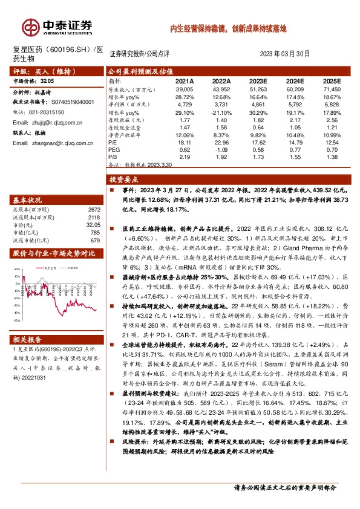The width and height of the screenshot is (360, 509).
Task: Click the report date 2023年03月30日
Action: tap(284, 54)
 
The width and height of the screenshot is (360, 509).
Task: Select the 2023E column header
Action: tap(257, 80)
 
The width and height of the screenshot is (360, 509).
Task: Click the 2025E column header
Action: tap(331, 80)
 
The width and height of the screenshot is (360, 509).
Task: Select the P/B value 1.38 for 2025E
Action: tap(331, 157)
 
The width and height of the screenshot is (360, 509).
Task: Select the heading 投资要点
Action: tap(124, 180)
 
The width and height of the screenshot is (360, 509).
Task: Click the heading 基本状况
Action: tap(28, 200)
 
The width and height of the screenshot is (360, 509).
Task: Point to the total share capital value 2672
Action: tap(93, 209)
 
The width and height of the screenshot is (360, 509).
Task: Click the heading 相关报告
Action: tap(28, 339)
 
